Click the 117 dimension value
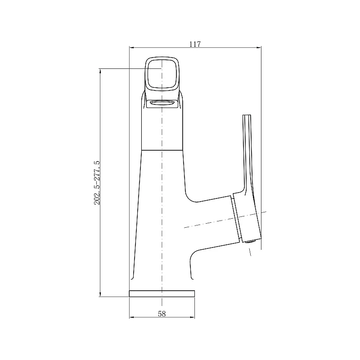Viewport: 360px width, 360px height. pos(195,44)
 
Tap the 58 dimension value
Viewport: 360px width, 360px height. pos(162,314)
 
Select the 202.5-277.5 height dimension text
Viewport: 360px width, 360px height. pos(97,183)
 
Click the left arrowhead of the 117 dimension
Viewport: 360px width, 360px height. pos(131,48)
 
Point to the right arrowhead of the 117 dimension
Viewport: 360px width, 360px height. pos(259,48)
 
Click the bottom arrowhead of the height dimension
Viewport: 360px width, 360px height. pos(100,294)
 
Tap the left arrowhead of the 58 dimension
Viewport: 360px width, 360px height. pos(131,318)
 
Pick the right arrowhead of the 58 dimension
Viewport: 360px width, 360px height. pos(193,318)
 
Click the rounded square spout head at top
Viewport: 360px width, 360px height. pos(162,73)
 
